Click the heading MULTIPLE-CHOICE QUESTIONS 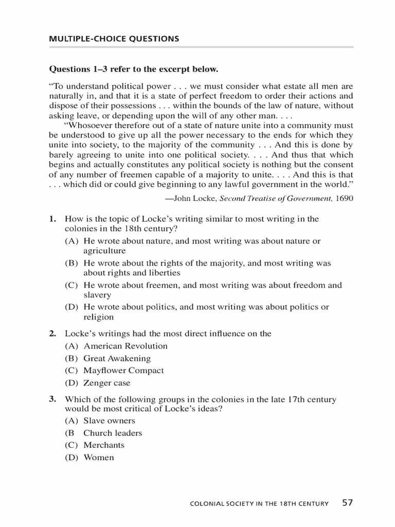point(114,39)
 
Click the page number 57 point(348,503)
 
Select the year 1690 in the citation point(344,198)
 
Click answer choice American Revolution point(125,346)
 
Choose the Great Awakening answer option point(117,358)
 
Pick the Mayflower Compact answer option point(123,371)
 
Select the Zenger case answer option point(107,383)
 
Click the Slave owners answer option point(109,420)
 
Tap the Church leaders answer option point(113,433)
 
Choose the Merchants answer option point(104,445)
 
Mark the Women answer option point(99,458)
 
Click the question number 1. point(52,219)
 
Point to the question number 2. point(52,333)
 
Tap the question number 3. point(52,399)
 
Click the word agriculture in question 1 point(104,251)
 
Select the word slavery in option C point(97,295)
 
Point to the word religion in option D point(99,318)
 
